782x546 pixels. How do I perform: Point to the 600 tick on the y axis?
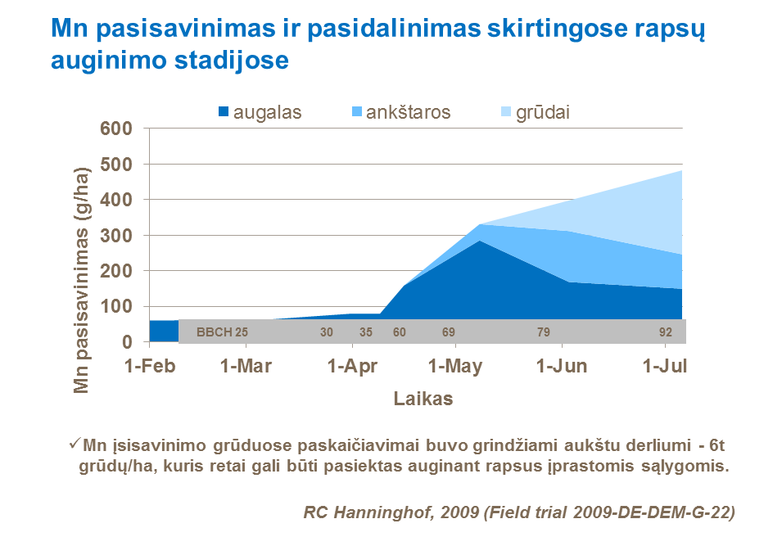(116, 129)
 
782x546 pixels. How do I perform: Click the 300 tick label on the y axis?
(116, 236)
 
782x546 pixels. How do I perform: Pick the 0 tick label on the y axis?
(127, 342)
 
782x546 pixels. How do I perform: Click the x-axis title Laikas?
(423, 399)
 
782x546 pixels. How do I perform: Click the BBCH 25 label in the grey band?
(221, 332)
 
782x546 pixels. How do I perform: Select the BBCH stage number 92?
(666, 332)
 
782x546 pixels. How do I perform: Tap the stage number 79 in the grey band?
(544, 332)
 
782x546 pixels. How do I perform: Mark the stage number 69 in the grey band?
(448, 332)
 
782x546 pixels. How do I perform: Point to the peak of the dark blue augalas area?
(479, 241)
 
